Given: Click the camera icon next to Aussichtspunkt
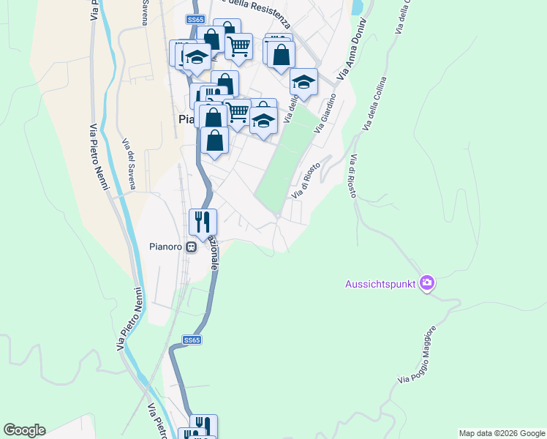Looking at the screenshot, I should point(427,283).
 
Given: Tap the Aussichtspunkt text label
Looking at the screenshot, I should point(380,283).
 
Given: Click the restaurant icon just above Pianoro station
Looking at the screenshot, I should point(202,220).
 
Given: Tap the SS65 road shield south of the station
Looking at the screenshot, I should point(192,340).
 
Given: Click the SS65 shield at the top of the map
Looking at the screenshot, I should point(194,20).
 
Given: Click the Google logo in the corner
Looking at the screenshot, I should point(24,430).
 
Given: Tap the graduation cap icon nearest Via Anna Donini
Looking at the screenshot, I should point(303,82).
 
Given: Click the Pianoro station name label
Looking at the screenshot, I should point(165,247).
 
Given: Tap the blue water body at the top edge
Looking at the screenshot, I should point(358,7).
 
